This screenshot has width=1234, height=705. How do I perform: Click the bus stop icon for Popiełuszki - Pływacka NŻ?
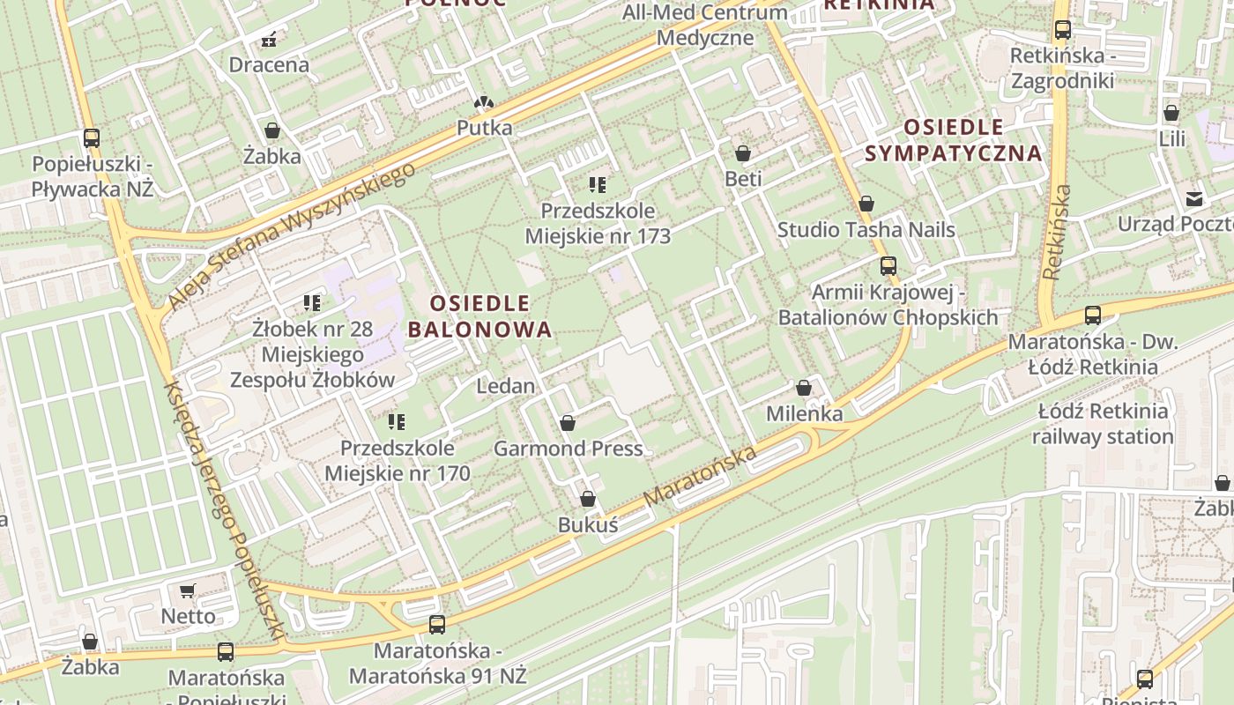pos(91,137)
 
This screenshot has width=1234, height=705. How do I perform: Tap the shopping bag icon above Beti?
pos(743,153)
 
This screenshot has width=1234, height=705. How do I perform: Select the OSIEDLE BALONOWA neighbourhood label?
pos(480,316)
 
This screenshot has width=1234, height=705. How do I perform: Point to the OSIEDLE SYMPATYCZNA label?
pos(954,140)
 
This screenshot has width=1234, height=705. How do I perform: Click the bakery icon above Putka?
pos(483,103)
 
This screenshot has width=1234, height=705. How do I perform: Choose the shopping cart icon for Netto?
pos(187,590)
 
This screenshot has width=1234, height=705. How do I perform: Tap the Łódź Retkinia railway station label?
pos(1102,424)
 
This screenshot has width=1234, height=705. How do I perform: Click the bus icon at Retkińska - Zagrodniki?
pos(1062,30)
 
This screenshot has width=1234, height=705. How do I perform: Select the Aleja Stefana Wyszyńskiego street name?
pos(291,236)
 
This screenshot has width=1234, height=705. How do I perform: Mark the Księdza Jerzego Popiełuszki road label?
pos(225,511)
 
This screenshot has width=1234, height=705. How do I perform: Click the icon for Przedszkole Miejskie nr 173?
pos(598,185)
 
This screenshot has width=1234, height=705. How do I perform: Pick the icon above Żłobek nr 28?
pos(311,303)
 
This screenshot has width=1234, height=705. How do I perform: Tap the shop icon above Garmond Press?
pos(568,423)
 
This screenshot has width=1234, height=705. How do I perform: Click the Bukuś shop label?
pos(588,524)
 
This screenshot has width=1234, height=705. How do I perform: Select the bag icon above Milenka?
pos(804,388)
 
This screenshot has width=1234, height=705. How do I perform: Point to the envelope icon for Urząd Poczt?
pos(1193,198)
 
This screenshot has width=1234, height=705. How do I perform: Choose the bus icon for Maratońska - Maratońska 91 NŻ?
pos(437,625)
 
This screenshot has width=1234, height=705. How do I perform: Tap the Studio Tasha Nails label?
pos(866,230)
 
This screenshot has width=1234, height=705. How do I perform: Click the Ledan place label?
pos(505,386)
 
